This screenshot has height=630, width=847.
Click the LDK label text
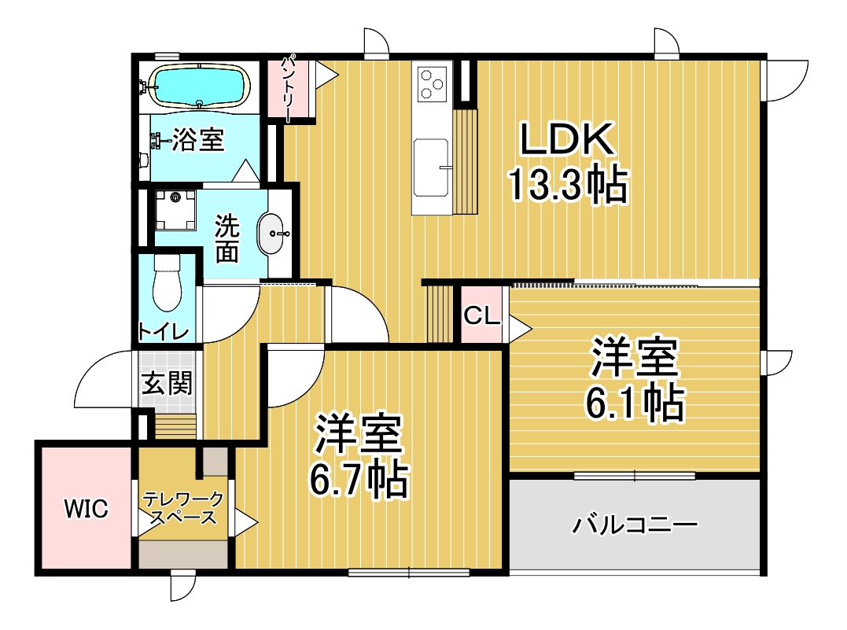[567, 139]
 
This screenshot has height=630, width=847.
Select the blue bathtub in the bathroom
[199, 86]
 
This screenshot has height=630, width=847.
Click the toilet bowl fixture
[167, 282]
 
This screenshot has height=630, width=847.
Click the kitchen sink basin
[432, 168]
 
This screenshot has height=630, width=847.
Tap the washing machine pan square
[175, 210]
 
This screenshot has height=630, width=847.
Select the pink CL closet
[481, 315]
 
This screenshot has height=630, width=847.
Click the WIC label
[86, 508]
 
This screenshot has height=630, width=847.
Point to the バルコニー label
[635, 524]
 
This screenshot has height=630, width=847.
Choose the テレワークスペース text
[183, 508]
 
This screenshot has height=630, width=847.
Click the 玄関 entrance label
[167, 383]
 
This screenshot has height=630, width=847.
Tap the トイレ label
[163, 331]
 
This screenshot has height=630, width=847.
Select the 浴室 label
[198, 140]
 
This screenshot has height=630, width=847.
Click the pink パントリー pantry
[291, 89]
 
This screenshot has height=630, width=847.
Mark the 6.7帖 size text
[358, 479]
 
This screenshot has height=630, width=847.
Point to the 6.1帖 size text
[635, 403]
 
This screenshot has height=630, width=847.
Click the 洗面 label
[226, 239]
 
